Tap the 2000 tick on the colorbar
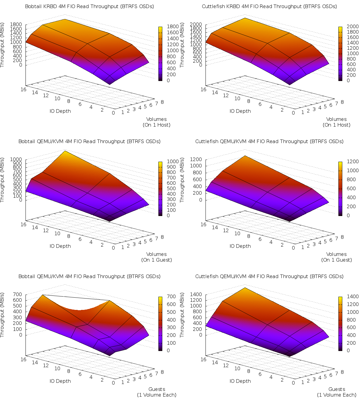click(344, 27)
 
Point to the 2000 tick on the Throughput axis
click(196, 24)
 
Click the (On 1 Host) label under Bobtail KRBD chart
click(157, 125)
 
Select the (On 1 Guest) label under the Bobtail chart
click(157, 260)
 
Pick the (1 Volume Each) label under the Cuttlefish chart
click(337, 395)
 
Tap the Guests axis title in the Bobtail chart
click(157, 389)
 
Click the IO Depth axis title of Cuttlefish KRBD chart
click(240, 111)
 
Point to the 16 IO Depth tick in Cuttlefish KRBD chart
click(203, 89)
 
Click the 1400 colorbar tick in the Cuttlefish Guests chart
click(344, 296)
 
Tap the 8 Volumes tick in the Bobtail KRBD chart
click(162, 102)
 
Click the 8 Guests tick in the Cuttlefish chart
click(342, 372)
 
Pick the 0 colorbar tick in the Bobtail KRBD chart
click(168, 80)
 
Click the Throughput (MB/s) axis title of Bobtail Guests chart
click(2, 315)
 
